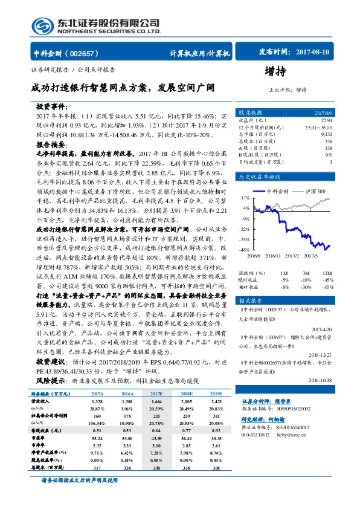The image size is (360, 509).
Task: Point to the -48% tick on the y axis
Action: pyautogui.click(x=245, y=249)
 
